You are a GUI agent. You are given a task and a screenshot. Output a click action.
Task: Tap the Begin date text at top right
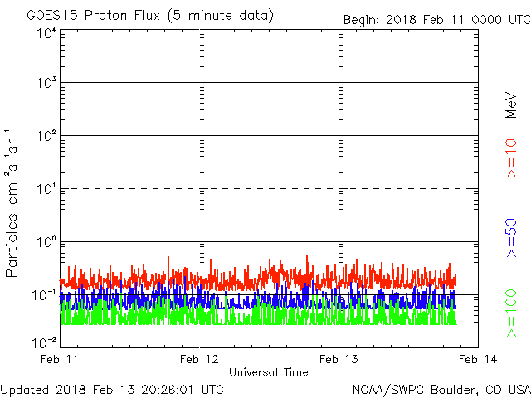[x=437, y=20]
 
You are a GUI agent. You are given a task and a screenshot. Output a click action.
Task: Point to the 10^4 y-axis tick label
[x=47, y=34]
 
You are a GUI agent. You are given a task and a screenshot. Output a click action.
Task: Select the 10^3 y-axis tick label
[x=47, y=83]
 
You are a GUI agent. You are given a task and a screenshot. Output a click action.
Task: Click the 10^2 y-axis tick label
[x=47, y=136]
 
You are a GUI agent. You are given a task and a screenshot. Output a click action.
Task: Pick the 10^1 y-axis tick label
[x=47, y=189]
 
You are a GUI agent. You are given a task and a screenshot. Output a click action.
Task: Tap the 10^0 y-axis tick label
[x=47, y=242]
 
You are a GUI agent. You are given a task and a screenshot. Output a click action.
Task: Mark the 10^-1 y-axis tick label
[x=44, y=295]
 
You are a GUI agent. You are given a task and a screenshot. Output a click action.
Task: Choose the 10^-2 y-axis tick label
[x=44, y=342]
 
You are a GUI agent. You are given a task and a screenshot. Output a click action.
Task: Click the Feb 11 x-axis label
[x=59, y=359]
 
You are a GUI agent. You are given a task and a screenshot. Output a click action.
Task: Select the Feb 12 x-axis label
[x=199, y=359]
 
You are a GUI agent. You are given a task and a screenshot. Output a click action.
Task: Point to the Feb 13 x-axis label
[x=339, y=359]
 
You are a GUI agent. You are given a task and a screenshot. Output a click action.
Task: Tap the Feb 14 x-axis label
[x=478, y=359]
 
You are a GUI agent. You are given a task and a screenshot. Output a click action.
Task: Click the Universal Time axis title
[x=269, y=372]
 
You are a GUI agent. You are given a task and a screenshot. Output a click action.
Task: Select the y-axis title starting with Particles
[x=11, y=203]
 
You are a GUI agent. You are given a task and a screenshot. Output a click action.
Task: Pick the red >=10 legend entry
[x=511, y=158]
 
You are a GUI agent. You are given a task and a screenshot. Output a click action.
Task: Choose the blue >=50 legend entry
[x=511, y=238]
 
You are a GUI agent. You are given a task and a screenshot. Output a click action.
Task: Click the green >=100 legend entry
[x=511, y=313]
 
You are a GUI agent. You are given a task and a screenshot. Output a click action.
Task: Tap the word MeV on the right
[x=511, y=104]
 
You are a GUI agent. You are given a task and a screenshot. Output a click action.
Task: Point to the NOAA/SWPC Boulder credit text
[x=441, y=390]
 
